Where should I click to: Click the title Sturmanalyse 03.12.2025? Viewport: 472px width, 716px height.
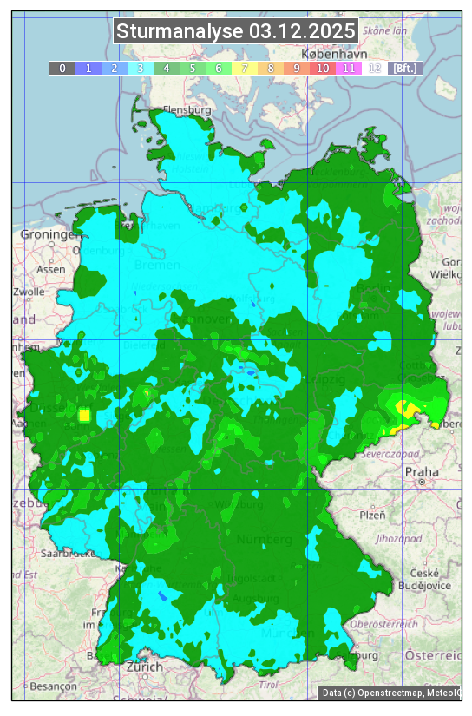click(236, 31)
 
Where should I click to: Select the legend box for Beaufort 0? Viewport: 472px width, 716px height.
click(62, 68)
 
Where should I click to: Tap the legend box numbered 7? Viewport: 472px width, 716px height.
click(245, 68)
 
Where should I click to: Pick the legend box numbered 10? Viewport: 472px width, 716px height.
click(323, 68)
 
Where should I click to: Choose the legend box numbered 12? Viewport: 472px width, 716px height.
click(375, 68)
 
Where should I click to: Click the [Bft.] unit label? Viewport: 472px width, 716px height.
click(404, 68)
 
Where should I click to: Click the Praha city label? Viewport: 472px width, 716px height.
click(422, 471)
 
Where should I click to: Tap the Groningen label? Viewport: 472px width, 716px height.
click(49, 234)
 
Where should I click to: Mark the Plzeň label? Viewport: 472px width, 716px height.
click(372, 515)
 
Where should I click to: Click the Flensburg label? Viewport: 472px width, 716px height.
click(187, 111)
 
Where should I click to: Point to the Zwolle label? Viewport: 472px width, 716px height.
click(29, 292)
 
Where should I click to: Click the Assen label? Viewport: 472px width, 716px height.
click(51, 269)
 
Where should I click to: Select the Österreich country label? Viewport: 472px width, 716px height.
click(435, 654)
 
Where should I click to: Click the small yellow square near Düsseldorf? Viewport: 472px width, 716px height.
click(84, 415)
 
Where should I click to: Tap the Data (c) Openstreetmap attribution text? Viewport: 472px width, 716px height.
click(390, 693)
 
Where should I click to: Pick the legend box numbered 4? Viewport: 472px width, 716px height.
click(167, 68)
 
